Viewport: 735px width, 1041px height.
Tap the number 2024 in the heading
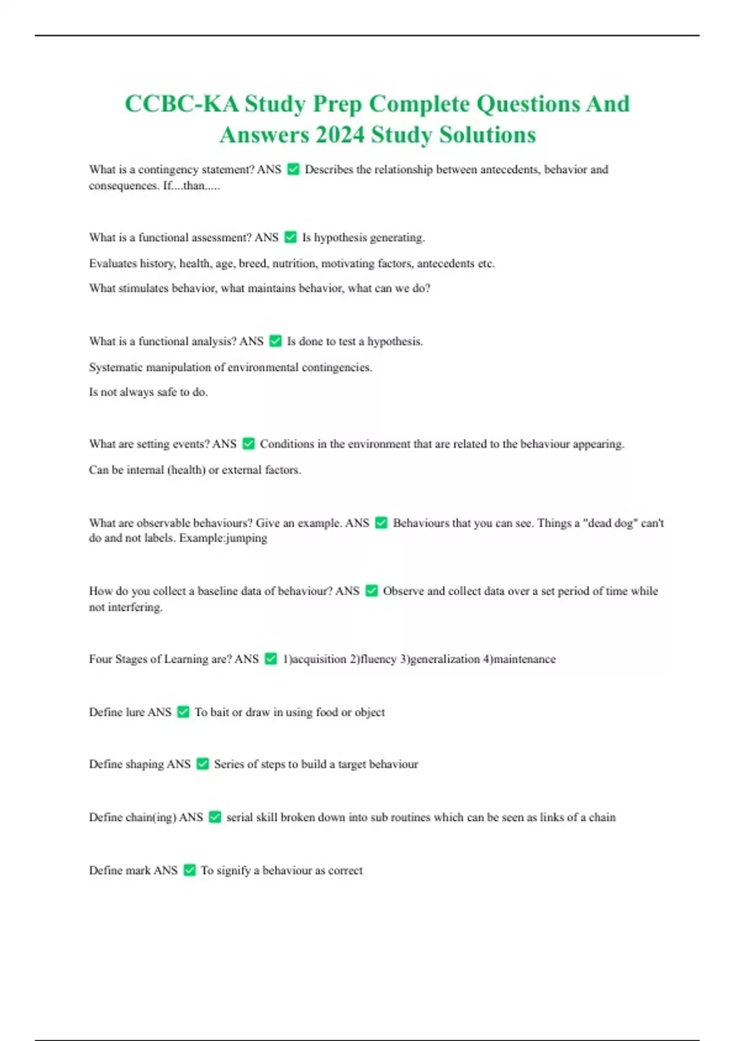point(339,135)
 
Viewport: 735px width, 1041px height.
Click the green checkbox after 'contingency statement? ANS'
point(293,170)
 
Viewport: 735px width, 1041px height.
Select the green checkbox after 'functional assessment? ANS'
point(291,237)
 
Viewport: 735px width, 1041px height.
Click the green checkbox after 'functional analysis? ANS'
point(276,341)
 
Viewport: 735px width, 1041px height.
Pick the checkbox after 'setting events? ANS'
point(249,444)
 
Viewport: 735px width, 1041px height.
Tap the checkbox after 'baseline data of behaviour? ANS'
point(371,591)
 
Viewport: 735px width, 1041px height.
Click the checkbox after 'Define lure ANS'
point(183,712)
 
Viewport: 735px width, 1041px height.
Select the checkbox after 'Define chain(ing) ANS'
point(215,817)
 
